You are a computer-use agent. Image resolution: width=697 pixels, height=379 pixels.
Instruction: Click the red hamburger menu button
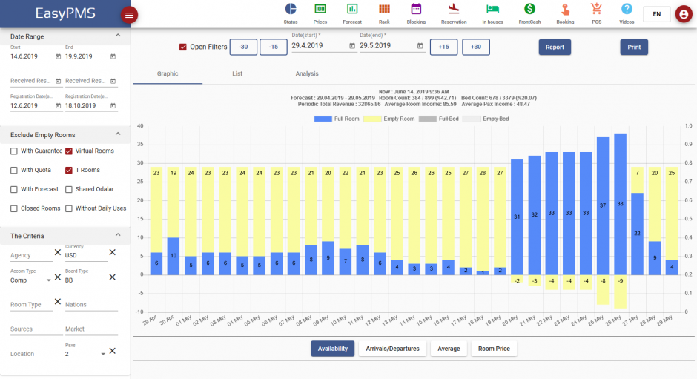click(x=129, y=15)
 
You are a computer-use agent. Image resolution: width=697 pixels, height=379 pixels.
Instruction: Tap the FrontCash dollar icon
click(x=529, y=9)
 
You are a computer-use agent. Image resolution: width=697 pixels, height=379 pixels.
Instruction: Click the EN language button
click(x=656, y=14)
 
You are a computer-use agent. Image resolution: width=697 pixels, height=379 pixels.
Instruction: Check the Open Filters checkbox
click(x=183, y=47)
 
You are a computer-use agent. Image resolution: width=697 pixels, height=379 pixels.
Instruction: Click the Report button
click(x=555, y=47)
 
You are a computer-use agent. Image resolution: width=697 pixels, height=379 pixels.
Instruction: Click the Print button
click(x=634, y=47)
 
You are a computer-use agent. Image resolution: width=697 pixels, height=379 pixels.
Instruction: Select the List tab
click(x=237, y=74)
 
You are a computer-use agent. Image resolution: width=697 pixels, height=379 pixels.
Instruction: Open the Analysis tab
click(x=307, y=74)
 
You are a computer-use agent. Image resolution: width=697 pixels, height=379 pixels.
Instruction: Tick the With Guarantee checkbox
click(x=14, y=151)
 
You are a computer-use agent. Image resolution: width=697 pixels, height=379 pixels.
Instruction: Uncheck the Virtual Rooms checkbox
click(x=69, y=151)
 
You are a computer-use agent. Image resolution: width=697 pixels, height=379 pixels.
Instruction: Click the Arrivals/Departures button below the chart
click(x=393, y=349)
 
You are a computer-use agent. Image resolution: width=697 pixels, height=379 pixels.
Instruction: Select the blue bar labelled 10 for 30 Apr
click(x=174, y=256)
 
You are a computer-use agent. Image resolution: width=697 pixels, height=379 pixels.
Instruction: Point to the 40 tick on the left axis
click(x=139, y=126)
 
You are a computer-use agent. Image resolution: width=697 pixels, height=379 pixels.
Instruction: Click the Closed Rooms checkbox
click(x=14, y=209)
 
